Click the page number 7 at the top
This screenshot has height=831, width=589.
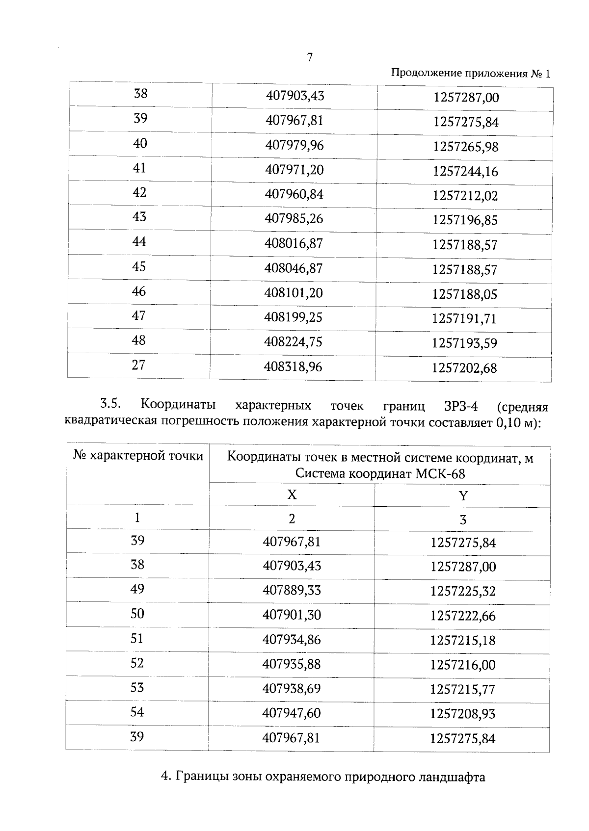click(x=310, y=57)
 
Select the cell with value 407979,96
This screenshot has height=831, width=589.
click(x=294, y=146)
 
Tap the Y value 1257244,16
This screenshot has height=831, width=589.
click(x=465, y=172)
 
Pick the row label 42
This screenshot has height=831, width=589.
click(x=139, y=192)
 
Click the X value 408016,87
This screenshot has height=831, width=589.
click(x=294, y=244)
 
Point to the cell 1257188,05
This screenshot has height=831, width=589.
click(x=464, y=294)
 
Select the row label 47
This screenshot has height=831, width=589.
click(x=139, y=315)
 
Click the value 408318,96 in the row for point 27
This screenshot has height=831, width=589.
click(x=293, y=366)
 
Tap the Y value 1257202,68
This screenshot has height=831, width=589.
click(x=464, y=368)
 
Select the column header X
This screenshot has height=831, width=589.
click(x=292, y=494)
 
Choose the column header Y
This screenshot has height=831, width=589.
click(x=463, y=496)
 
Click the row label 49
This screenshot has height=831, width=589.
click(x=137, y=589)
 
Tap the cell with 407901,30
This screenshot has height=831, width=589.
click(x=292, y=615)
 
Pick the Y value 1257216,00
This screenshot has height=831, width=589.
click(x=463, y=665)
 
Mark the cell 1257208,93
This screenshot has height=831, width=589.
click(x=463, y=714)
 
